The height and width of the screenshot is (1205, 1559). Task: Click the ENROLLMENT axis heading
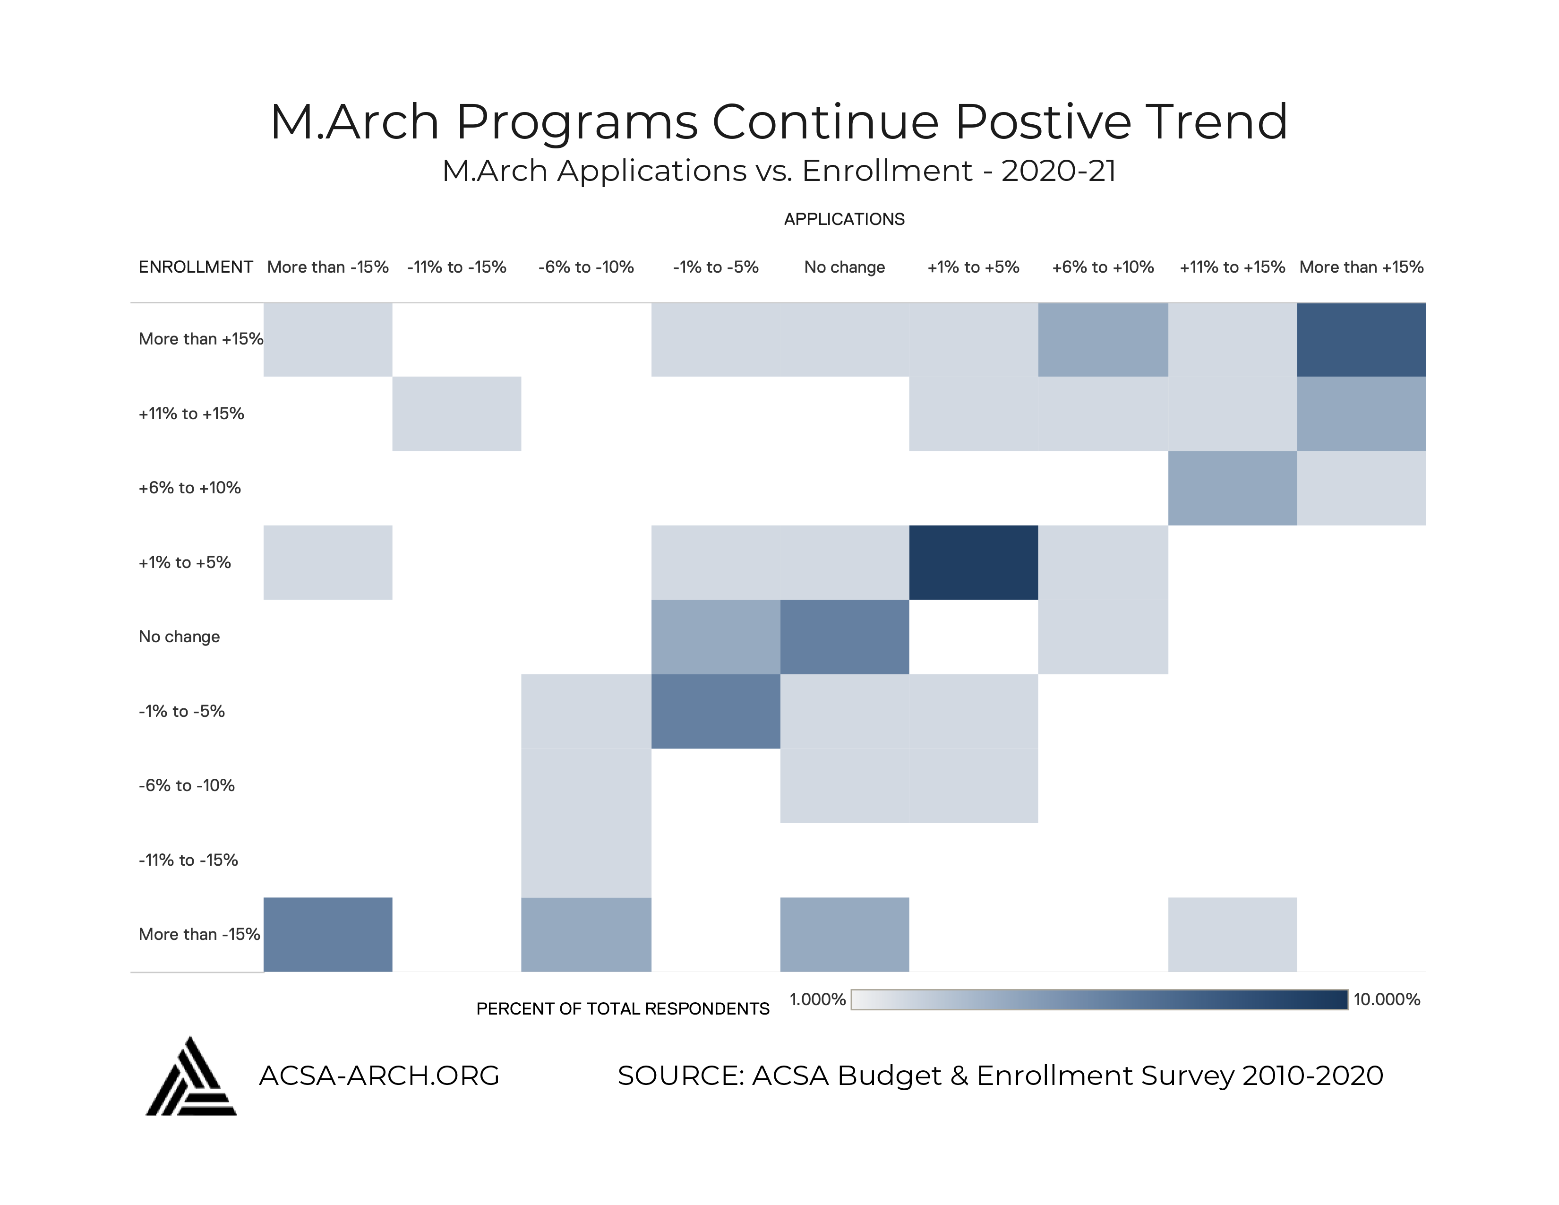tap(196, 267)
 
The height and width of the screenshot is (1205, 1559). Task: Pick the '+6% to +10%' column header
tap(1102, 267)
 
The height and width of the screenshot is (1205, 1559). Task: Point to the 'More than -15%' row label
tap(199, 934)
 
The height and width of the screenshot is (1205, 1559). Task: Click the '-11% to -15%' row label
tap(188, 860)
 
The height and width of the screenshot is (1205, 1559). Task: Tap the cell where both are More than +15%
tap(1361, 340)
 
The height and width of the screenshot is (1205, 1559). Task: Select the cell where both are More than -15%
tap(328, 934)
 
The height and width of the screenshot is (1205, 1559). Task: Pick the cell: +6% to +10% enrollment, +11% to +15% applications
tap(1232, 488)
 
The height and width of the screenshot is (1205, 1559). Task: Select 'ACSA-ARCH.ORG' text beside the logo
tap(379, 1075)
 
